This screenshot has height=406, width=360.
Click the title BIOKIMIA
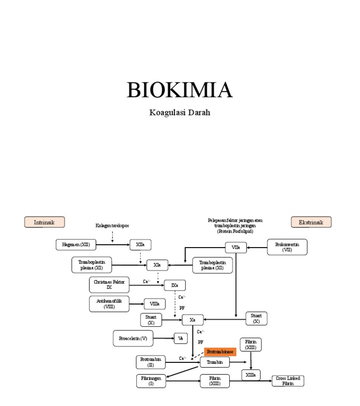(x=180, y=90)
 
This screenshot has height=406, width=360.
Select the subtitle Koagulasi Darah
(x=180, y=113)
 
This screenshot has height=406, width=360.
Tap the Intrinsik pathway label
(x=45, y=222)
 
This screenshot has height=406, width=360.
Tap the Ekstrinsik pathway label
(x=311, y=222)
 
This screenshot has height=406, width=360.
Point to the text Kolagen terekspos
(x=112, y=226)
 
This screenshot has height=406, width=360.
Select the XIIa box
(x=141, y=245)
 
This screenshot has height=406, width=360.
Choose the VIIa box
(x=236, y=248)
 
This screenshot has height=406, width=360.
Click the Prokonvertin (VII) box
(x=287, y=247)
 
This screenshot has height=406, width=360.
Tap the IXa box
(x=174, y=285)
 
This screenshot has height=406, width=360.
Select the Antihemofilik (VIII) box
(x=109, y=304)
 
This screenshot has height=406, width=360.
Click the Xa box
(x=192, y=320)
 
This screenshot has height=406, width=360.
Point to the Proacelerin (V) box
(x=133, y=338)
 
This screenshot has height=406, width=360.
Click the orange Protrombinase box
(x=220, y=352)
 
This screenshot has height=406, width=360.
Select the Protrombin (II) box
(x=150, y=362)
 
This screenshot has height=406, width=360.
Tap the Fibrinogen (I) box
(x=151, y=381)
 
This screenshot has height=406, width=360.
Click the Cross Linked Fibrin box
(x=288, y=381)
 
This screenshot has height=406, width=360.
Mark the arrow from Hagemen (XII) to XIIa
(x=112, y=245)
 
